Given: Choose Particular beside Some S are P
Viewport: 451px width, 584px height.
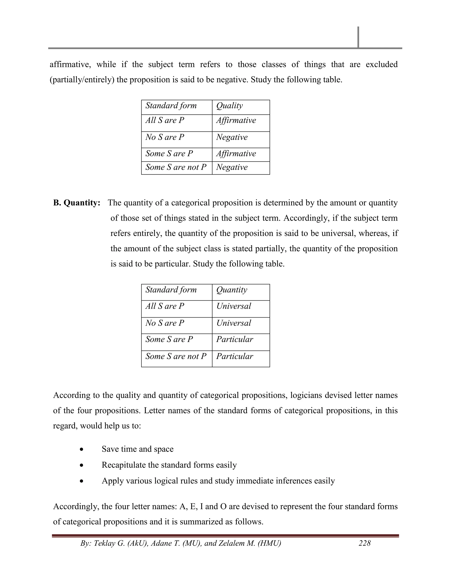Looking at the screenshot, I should [x=235, y=339].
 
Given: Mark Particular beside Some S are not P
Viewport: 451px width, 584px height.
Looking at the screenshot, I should [x=235, y=356].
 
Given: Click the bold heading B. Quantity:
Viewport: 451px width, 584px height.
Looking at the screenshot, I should [x=77, y=203].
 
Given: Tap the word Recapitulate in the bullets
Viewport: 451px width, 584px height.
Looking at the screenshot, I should [x=124, y=465].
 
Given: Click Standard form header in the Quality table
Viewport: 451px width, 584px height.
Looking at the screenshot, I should [x=171, y=106].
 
